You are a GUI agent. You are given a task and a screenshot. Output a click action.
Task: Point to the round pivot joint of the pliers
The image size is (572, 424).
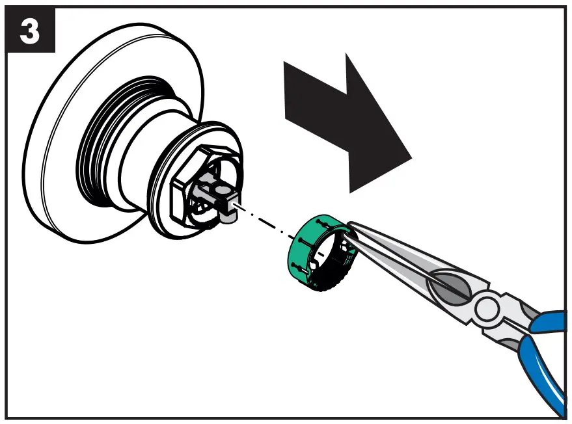[x=487, y=306]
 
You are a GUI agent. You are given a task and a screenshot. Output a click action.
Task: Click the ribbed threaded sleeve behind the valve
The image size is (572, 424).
[x=104, y=150]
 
